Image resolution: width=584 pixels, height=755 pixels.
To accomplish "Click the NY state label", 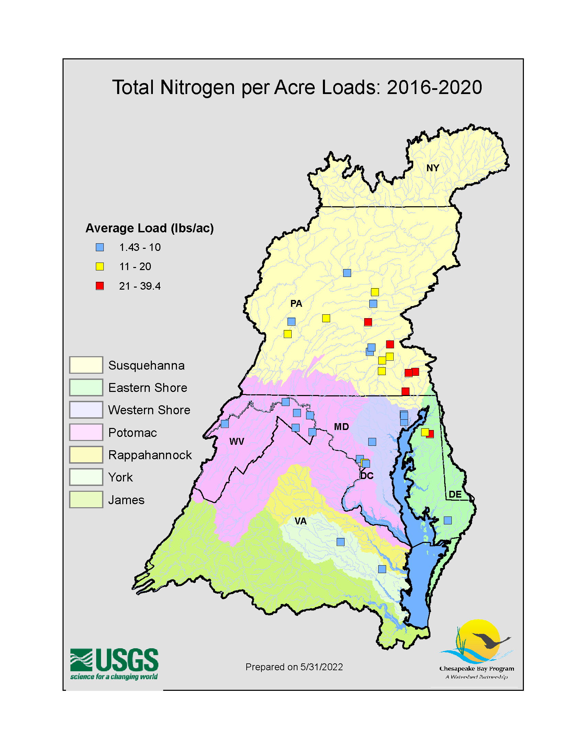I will (x=433, y=168).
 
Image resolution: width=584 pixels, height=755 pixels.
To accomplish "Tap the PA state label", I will (x=296, y=303).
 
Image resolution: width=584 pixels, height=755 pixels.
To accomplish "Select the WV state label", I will (x=237, y=441).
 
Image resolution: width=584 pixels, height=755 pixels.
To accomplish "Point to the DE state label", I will (x=455, y=494).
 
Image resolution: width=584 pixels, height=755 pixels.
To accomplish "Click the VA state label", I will (x=301, y=521).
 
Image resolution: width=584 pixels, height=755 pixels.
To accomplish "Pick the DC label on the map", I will (x=367, y=476).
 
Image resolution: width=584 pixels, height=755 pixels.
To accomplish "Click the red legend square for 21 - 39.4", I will (x=100, y=286).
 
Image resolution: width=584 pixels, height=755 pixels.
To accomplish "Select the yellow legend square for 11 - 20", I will (x=100, y=267).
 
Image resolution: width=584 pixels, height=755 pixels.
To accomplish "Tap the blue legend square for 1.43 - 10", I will (x=100, y=247).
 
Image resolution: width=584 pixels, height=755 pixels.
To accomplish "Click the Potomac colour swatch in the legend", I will (x=86, y=432).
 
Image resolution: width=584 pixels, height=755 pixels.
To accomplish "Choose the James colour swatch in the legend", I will (x=86, y=500).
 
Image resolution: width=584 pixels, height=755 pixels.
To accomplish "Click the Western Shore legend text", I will (x=149, y=410).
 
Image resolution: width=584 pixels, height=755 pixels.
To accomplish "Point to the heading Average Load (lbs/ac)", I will (x=149, y=228).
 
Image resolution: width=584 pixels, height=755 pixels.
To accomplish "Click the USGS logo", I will (x=114, y=664).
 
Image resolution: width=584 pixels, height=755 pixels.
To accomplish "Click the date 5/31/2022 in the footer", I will (x=322, y=667).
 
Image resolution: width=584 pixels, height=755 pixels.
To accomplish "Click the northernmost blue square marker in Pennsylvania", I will (x=347, y=273).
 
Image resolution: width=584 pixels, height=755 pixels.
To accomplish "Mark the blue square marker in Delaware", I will (x=448, y=520).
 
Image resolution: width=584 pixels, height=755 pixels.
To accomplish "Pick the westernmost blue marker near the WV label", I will (x=225, y=423).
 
